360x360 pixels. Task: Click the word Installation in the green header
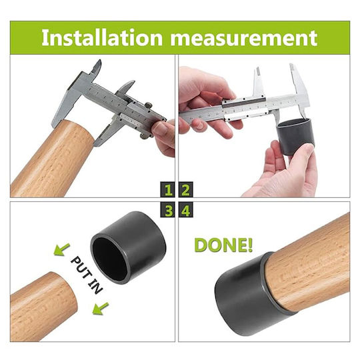tap(102, 37)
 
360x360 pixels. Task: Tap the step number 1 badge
tap(168, 189)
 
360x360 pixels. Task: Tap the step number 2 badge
tap(185, 189)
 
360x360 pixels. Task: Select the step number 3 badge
tap(168, 210)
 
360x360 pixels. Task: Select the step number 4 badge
tap(185, 210)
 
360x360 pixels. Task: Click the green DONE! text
tap(223, 245)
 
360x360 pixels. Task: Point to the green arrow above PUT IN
tap(61, 249)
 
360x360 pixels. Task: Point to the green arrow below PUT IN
tap(100, 309)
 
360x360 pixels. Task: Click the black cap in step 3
tap(128, 248)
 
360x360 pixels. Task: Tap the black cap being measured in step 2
tap(296, 137)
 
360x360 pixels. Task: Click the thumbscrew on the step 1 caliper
tap(148, 105)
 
